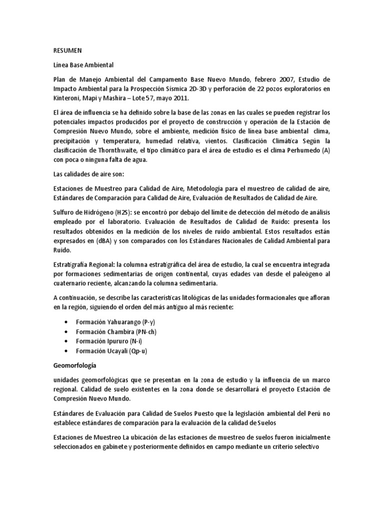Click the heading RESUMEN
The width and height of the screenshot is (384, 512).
click(67, 50)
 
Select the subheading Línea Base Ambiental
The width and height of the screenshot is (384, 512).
click(83, 65)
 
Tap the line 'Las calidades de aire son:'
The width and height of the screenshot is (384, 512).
click(91, 175)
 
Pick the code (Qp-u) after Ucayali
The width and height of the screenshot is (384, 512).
click(137, 350)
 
